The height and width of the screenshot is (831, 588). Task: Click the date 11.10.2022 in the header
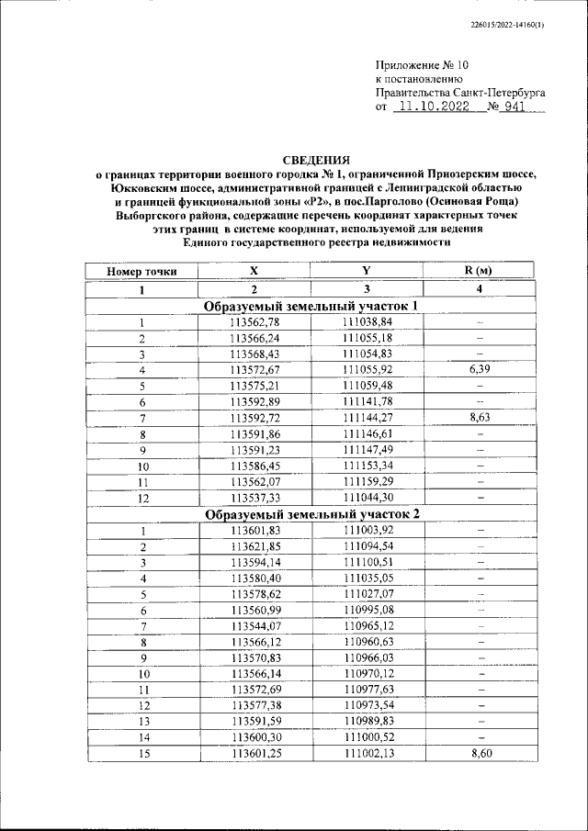[x=430, y=107]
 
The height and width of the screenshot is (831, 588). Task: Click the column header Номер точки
[x=142, y=271]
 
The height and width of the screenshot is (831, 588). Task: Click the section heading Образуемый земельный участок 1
[x=312, y=306]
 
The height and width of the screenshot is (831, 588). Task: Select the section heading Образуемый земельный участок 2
[x=312, y=514]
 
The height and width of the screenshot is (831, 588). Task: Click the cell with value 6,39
[x=479, y=368]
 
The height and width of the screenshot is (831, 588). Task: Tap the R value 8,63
[x=479, y=418]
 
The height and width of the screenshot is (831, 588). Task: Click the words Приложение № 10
[x=422, y=65]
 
